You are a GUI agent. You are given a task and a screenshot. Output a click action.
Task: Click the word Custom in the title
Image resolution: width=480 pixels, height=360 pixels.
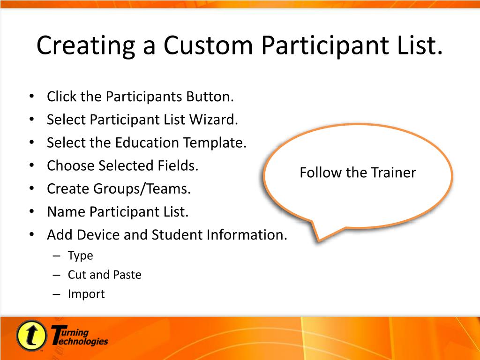[x=208, y=45]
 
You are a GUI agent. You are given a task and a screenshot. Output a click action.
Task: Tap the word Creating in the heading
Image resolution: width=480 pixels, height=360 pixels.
[x=86, y=46]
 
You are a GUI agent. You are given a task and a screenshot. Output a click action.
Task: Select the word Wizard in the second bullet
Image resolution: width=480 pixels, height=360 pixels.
[x=214, y=120]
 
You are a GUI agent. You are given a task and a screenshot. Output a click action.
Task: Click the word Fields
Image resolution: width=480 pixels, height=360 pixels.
[x=178, y=165]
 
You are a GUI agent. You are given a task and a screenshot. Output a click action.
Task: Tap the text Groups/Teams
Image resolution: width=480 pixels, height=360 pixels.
[x=142, y=189]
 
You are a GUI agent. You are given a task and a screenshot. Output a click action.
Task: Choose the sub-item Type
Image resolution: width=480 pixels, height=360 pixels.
[x=81, y=256]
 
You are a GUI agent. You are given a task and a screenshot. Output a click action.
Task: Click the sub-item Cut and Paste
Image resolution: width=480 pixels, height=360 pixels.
[x=105, y=275]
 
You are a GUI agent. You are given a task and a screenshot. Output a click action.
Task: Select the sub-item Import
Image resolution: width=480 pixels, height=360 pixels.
[x=86, y=294]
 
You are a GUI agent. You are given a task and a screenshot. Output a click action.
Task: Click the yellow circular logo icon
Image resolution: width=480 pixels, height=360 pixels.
[x=31, y=336]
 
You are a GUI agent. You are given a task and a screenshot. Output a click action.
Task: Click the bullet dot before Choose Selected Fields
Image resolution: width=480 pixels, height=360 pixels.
[x=31, y=165]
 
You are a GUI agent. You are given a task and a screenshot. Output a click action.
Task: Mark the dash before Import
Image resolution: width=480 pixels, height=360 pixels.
[x=56, y=294]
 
